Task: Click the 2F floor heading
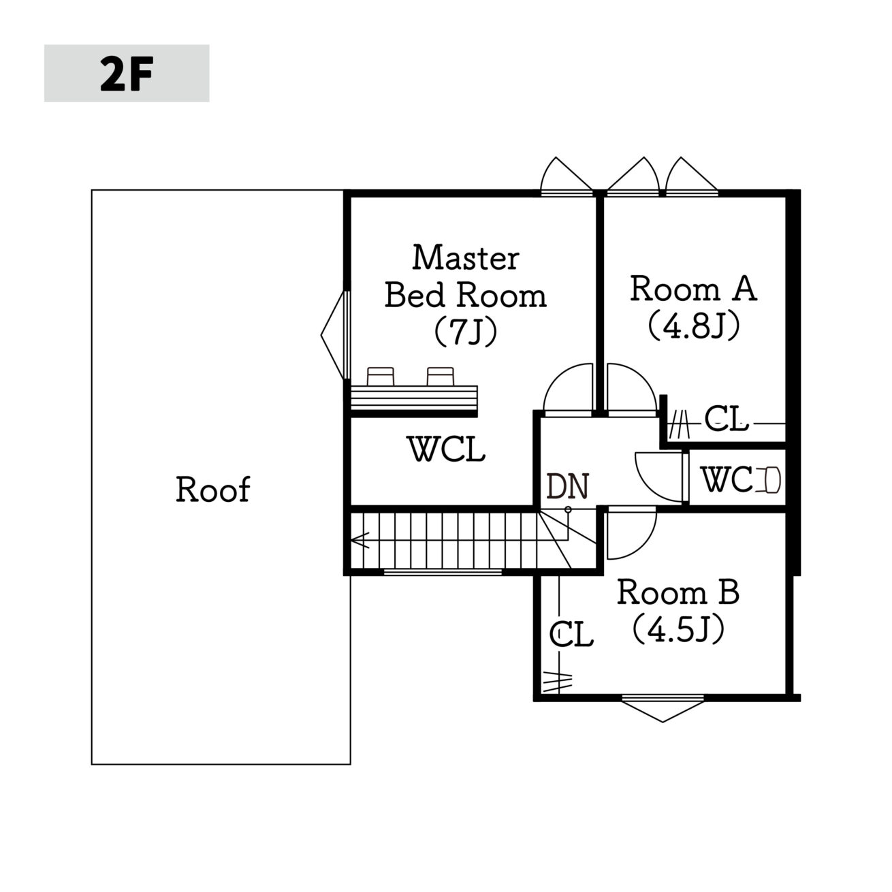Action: tap(127, 74)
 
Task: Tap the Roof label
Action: tap(213, 490)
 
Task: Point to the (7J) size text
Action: tap(466, 332)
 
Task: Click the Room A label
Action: tap(693, 289)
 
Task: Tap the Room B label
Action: tap(678, 592)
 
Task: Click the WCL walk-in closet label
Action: tap(446, 449)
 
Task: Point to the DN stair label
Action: tap(567, 486)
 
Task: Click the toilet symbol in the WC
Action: tap(769, 479)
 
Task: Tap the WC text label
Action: tap(729, 479)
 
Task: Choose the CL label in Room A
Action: tap(726, 419)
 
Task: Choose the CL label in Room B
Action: tap(571, 634)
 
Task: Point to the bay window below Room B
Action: tap(663, 710)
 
